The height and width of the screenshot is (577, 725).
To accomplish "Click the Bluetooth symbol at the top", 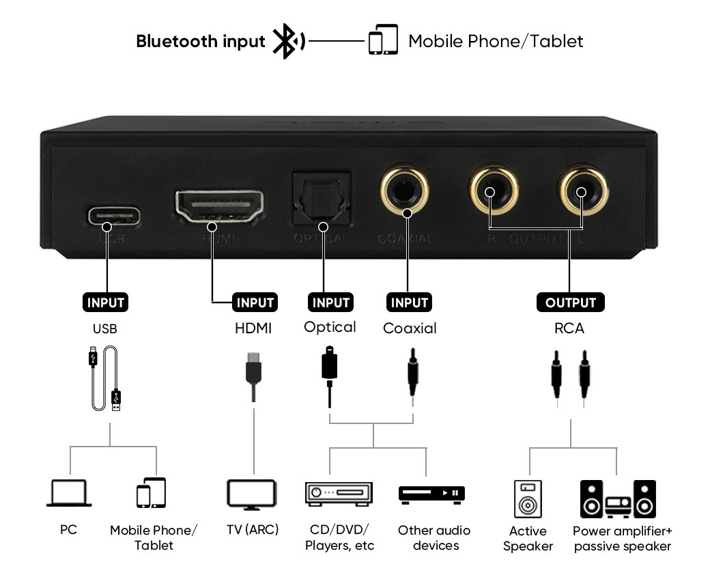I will coord(284,42).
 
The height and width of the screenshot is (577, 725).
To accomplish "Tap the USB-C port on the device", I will coord(113,216).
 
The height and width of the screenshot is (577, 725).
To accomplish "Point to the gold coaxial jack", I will coord(404,189).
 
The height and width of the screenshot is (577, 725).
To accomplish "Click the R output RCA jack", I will coord(491,189).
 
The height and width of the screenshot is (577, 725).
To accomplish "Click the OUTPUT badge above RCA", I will coord(571,302).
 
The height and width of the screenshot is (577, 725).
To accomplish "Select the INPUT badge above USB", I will coord(106,302).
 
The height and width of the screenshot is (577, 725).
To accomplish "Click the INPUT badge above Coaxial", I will coord(409,302).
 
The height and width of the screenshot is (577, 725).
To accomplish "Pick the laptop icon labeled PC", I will coord(69,493).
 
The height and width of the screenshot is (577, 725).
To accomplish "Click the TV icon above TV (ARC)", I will coord(252,495).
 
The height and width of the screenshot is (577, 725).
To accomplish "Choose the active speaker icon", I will coord(527,498).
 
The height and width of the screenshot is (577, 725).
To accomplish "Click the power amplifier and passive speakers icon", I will coord(618,498).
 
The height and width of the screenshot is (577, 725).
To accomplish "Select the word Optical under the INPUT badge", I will coord(330,327).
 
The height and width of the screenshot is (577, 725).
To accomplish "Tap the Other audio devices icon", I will coord(431,494).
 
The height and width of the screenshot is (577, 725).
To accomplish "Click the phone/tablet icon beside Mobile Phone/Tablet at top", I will coord(383,40).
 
